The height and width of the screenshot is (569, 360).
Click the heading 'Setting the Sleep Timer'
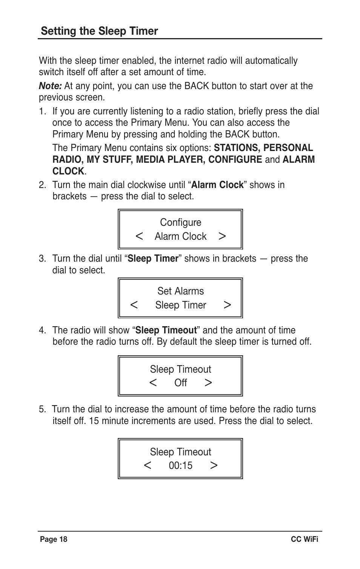[99, 31]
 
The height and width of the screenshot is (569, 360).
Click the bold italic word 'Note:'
[50, 86]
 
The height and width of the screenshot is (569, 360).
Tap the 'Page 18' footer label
[54, 539]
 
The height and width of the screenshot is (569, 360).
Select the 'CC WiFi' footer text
[304, 539]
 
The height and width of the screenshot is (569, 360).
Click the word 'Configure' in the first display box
[180, 222]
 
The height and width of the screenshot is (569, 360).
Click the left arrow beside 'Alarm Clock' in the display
[139, 236]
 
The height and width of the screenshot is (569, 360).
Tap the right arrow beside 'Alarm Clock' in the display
[222, 236]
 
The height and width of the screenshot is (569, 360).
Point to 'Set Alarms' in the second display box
[180, 291]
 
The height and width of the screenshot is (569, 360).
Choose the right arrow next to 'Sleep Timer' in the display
[227, 305]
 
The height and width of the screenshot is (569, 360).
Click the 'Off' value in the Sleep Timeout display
[180, 383]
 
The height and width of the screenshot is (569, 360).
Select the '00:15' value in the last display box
[180, 466]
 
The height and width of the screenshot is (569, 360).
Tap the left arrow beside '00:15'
[148, 466]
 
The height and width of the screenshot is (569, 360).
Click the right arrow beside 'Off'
[208, 383]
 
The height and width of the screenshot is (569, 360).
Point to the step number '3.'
[42, 259]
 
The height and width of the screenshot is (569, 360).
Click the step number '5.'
[42, 409]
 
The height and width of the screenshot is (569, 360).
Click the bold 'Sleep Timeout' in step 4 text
[166, 330]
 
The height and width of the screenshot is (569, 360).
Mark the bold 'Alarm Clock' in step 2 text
[217, 185]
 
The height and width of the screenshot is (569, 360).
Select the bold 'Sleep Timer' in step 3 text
[152, 259]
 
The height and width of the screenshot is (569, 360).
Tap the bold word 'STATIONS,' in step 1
[237, 148]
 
